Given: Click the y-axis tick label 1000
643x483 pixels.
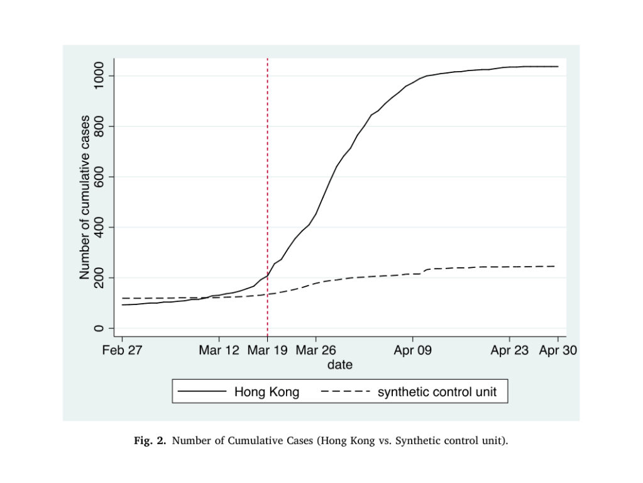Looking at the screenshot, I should click(98, 76).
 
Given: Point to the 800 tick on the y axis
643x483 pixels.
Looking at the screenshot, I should click(98, 126).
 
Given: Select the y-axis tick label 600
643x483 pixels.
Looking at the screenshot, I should click(98, 177).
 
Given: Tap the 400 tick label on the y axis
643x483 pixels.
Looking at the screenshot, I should click(98, 227).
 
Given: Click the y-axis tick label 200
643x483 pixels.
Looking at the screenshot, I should click(98, 277).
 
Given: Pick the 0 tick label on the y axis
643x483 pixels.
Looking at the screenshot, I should click(98, 328).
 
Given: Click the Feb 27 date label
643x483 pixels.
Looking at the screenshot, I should click(122, 351).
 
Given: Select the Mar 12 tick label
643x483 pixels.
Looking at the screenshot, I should click(219, 351).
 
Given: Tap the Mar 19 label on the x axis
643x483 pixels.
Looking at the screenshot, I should click(267, 351).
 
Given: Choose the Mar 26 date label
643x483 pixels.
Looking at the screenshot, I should click(316, 351).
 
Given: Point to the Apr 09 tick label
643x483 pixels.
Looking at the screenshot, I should click(412, 351).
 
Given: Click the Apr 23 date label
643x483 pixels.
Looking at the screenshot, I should click(509, 351).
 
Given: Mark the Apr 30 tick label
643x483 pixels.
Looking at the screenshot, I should click(558, 351).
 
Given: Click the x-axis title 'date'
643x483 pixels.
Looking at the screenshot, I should click(339, 365).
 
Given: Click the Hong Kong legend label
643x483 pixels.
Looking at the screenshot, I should click(267, 392).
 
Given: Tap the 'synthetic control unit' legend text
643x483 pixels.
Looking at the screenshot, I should click(437, 392).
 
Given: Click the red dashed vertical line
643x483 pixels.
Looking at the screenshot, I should click(268, 189).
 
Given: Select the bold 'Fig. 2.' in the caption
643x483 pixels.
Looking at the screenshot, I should click(150, 441).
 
